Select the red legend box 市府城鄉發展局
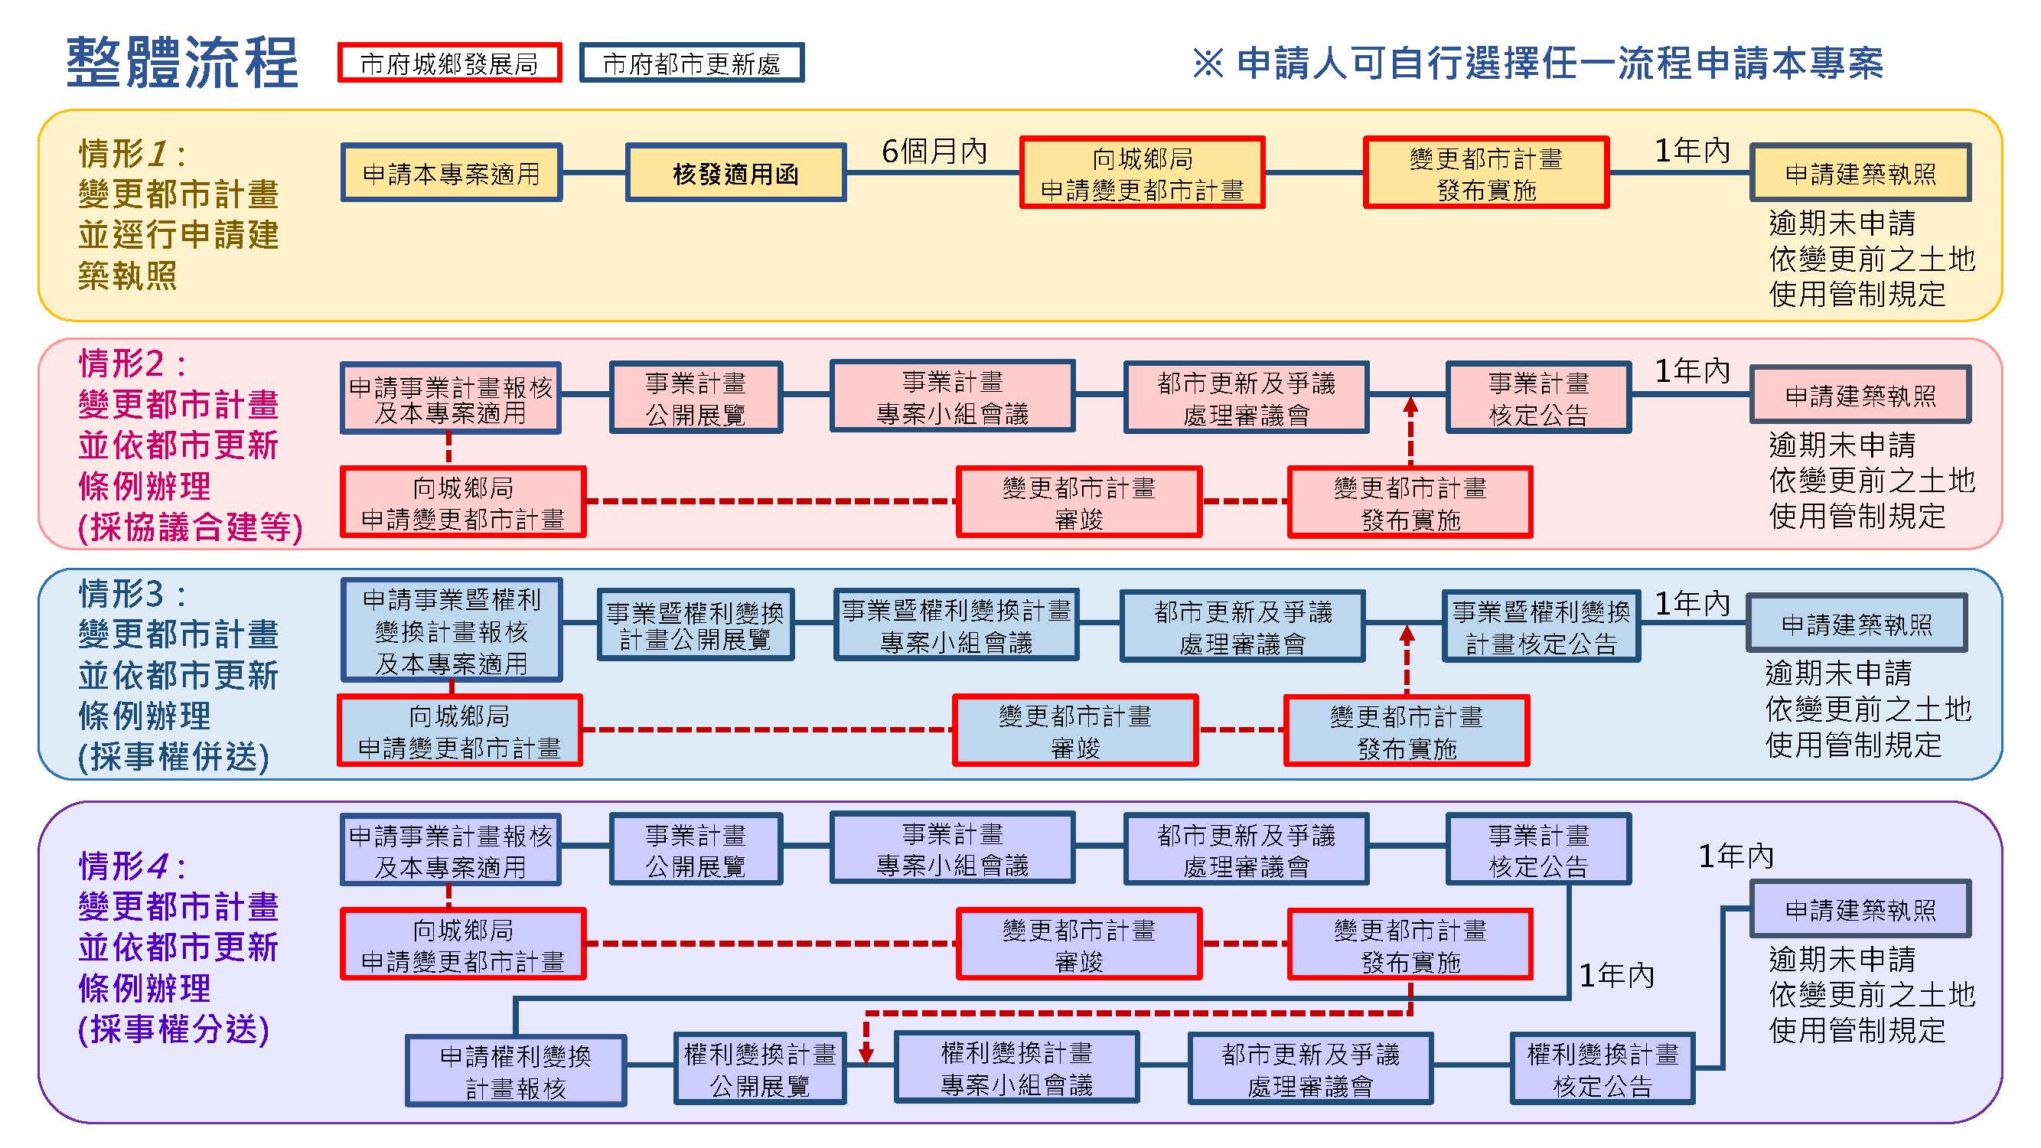pos(449,63)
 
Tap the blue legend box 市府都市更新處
pos(692,63)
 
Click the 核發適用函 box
pos(735,173)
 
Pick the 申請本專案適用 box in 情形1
pos(452,173)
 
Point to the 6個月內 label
pos(934,151)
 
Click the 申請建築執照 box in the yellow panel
pos(1860,173)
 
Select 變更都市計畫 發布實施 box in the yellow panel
pos(1485,174)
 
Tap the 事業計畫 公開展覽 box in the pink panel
pos(696,398)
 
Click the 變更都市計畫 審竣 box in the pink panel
pos(1079,502)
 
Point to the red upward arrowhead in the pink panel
pos(1410,406)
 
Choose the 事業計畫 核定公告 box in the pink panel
pos(1539,398)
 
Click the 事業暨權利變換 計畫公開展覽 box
pos(695,625)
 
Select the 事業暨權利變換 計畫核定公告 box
pos(1541,627)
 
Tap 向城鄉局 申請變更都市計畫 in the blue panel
pos(459,730)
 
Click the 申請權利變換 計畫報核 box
pos(516,1071)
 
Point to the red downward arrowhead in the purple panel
pos(867,1053)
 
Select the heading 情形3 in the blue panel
pos(132,593)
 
